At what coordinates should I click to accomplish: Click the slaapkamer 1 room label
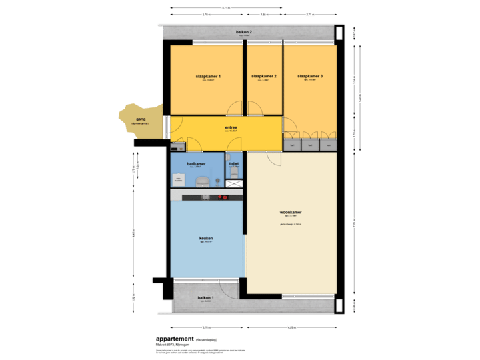tap(208, 77)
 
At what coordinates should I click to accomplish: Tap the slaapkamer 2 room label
tap(264, 77)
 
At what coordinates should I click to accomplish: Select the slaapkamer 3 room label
tap(310, 77)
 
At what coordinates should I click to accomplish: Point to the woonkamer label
tap(291, 213)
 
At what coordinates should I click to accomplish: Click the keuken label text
tap(206, 239)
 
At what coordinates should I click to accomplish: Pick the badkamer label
tap(196, 163)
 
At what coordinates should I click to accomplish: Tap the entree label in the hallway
tap(231, 127)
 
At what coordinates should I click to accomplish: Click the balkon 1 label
tap(205, 297)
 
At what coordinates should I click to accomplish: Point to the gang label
tap(141, 119)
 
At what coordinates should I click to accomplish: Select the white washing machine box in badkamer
tap(179, 179)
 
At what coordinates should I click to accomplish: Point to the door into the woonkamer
tap(274, 157)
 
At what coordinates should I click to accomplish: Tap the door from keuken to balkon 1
tap(231, 288)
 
